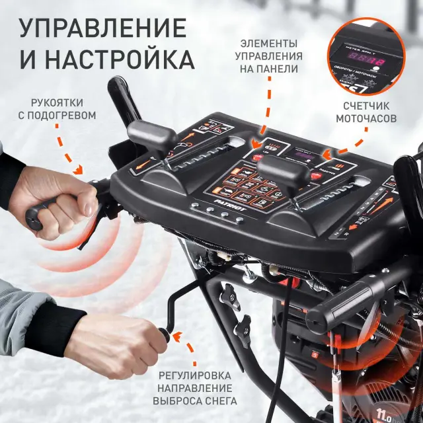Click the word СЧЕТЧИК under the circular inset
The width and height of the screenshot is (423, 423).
tap(366, 106)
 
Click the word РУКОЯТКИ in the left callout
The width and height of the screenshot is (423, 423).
tap(63, 102)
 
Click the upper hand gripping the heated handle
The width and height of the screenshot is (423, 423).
tap(66, 202)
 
